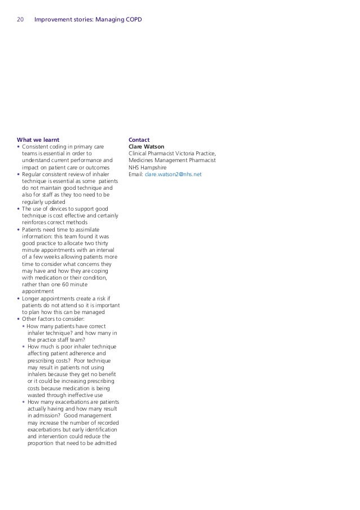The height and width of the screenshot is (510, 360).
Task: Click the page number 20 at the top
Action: tap(20, 20)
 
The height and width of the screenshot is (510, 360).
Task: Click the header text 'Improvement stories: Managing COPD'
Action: tap(88, 20)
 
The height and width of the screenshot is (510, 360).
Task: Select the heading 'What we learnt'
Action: tap(38, 139)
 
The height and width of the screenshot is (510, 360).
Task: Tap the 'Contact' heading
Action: tap(139, 139)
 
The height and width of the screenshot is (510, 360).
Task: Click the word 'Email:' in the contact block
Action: tap(136, 175)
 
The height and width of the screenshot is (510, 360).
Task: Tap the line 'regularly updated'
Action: tap(43, 202)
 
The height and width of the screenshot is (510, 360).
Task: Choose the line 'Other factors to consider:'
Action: tap(52, 319)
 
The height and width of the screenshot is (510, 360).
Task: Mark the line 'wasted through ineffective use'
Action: tap(65, 395)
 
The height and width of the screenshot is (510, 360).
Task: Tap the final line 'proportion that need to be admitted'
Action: tap(72, 443)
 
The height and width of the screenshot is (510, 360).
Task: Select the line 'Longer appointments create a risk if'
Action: tap(67, 299)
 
